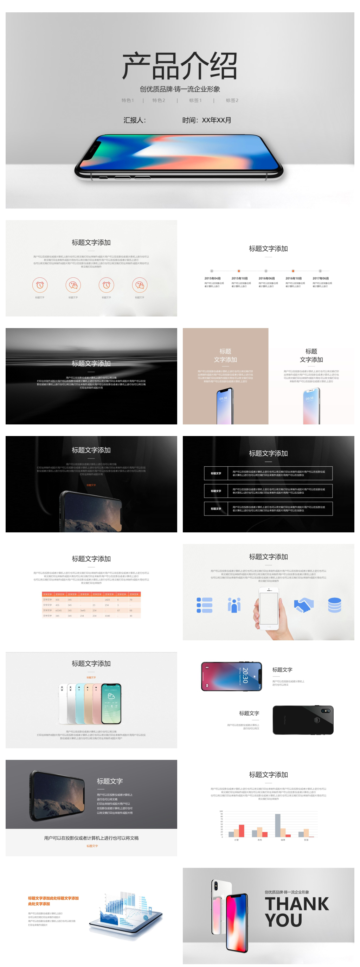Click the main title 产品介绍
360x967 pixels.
point(179,66)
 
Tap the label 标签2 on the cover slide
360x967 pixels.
point(232,100)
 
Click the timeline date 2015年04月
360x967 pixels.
point(212,278)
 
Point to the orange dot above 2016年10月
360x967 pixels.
point(293,271)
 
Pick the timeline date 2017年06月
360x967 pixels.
point(321,278)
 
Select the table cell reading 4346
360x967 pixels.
point(107,616)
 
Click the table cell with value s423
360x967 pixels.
point(107,600)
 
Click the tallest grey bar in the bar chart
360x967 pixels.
point(277,825)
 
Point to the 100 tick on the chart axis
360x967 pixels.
point(221,811)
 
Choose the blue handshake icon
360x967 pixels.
point(303,605)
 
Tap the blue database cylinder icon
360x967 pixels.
point(334,605)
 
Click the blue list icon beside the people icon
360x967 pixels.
point(205,605)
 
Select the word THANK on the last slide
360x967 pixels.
point(297,904)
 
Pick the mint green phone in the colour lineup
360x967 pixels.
point(80,704)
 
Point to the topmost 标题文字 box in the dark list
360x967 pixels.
point(216,473)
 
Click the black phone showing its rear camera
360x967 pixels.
point(303,719)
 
